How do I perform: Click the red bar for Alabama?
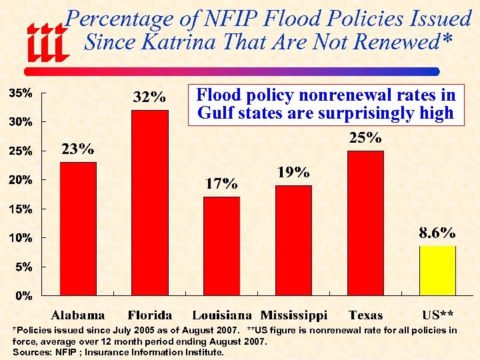(78, 228)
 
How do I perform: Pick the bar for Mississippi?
(293, 240)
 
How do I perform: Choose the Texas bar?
(365, 223)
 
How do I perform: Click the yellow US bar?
(437, 270)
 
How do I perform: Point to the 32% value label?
(150, 97)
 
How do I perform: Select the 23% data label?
(78, 149)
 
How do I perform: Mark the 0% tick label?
(23, 296)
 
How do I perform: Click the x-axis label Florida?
(150, 315)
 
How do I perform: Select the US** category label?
(438, 315)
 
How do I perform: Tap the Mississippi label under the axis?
(294, 315)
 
